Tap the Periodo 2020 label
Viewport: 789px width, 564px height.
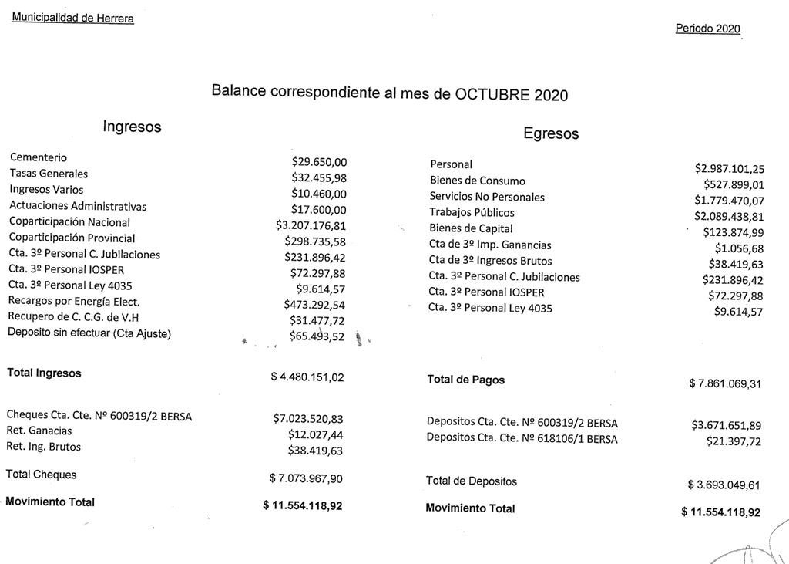pos(707,29)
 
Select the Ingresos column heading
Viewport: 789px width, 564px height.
pos(132,127)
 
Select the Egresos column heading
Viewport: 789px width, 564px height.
pos(551,133)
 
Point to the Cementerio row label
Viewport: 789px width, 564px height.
pos(39,157)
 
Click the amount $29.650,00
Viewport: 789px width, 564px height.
pos(319,162)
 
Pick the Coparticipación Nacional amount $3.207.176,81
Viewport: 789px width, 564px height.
pos(311,225)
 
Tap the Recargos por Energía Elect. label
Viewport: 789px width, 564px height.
pos(74,301)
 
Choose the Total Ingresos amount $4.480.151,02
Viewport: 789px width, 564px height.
pos(307,377)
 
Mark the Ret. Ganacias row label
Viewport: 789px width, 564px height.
pos(39,431)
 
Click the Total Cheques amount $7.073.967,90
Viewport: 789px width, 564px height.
pos(306,478)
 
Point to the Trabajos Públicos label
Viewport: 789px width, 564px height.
pos(472,212)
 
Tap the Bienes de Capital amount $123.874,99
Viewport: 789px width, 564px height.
pos(734,232)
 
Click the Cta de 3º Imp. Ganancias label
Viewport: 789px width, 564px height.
pos(490,245)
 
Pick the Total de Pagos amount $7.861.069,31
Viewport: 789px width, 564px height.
pos(724,383)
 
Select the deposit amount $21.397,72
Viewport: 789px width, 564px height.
pos(734,441)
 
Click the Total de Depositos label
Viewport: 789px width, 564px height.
pos(472,481)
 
